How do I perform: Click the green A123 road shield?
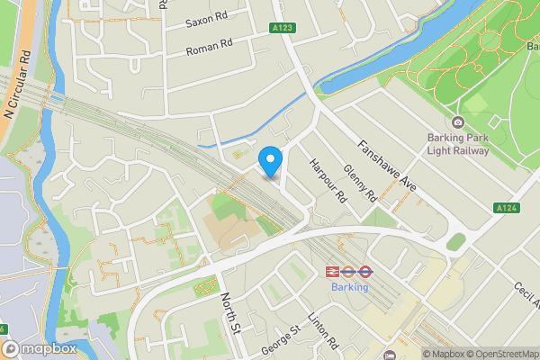pos(283,29)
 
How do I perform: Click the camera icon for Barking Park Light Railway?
pos(458,123)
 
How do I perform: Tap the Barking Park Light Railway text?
pos(458,145)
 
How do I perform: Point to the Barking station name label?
pos(349,288)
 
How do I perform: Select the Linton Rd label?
pos(321,330)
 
